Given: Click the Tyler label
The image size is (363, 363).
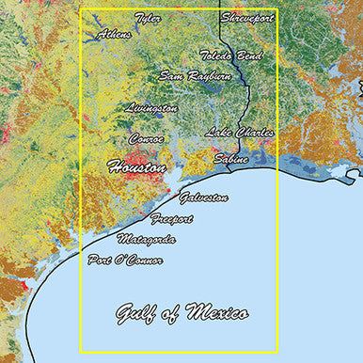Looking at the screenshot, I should [148, 18].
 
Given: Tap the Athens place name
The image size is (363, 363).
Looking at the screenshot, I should [114, 35].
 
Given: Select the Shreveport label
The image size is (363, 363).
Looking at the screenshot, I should [247, 18].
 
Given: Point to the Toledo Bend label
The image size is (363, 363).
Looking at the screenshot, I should [230, 55].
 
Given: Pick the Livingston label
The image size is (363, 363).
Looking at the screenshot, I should [150, 108].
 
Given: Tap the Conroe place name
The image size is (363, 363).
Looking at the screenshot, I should [147, 138].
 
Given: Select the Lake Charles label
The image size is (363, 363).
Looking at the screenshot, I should [240, 133].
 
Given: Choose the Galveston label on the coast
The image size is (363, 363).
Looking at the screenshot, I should [203, 197].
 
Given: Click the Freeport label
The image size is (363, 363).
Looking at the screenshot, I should [171, 219].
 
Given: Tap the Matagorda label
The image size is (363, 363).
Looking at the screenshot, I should [147, 239].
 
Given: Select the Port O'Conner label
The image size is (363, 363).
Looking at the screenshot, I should [125, 259].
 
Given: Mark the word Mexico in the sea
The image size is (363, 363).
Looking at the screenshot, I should [216, 312].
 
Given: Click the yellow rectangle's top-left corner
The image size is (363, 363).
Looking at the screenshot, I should [81, 10].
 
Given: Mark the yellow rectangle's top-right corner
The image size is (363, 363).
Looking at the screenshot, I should [277, 10].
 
